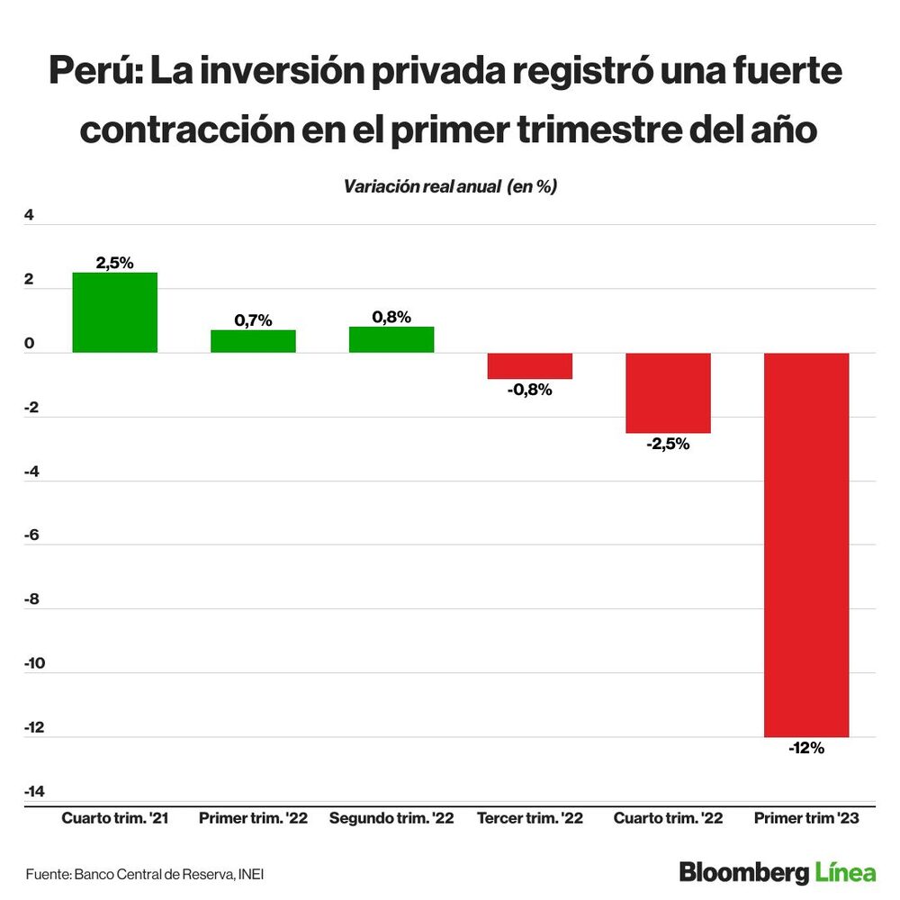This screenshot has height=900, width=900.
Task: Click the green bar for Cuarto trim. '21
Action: pos(115,312)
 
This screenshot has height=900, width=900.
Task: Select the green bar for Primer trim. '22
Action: pos(253,341)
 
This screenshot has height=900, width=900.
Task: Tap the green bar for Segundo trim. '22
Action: pos(391,339)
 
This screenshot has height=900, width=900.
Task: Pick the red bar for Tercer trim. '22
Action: pos(530,366)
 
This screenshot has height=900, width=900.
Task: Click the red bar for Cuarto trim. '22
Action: pos(668,393)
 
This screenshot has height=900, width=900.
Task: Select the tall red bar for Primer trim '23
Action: pos(806,544)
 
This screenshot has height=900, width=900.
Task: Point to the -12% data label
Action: pos(806,748)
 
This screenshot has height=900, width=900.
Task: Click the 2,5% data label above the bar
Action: pos(115,263)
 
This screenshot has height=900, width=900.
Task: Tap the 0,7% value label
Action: pos(253,320)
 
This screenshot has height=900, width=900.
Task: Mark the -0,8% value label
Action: pos(530,390)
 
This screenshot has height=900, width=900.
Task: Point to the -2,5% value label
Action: pos(668,444)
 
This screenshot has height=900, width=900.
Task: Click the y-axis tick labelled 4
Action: pos(29,215)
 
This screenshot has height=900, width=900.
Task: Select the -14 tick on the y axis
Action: pos(34,791)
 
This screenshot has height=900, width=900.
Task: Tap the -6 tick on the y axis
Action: pos(32,535)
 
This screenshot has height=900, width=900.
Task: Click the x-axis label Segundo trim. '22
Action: pos(391,819)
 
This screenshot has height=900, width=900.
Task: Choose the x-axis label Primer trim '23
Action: pos(806,819)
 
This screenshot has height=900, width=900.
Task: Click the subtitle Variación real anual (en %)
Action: pos(451,186)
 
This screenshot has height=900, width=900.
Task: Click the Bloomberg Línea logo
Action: pos(778,872)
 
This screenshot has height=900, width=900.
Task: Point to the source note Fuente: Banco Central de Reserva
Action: pos(145,874)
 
